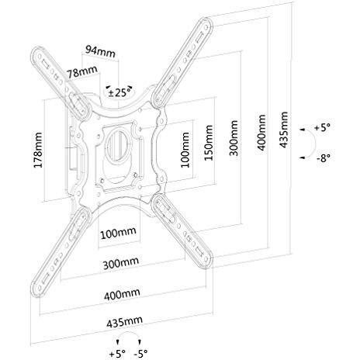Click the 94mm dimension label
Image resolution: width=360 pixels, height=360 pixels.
[100, 51]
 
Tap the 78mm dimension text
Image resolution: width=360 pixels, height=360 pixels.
[82, 71]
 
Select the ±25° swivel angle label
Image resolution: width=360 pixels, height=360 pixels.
[119, 92]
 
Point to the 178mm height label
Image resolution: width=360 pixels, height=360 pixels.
[38, 150]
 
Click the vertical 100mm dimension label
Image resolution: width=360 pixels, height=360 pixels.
[185, 150]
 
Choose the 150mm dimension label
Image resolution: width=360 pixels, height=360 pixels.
[209, 143]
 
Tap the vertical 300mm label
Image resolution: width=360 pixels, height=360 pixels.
[234, 138]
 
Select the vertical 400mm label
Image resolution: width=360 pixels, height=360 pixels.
[261, 133]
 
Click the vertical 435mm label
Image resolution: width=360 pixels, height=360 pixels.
[284, 130]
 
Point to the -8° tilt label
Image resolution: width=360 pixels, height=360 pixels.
[324, 157]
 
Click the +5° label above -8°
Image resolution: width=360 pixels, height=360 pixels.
[322, 127]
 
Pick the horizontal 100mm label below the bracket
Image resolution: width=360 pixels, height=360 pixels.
[118, 234]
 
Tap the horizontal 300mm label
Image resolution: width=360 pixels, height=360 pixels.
[121, 263]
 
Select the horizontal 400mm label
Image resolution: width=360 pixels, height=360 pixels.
[122, 294]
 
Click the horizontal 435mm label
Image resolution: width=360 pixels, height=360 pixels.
[124, 322]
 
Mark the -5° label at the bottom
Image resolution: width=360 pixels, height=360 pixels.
[141, 353]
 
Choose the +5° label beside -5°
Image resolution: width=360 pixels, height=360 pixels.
[117, 353]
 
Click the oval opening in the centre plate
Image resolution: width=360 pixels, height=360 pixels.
[119, 146]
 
